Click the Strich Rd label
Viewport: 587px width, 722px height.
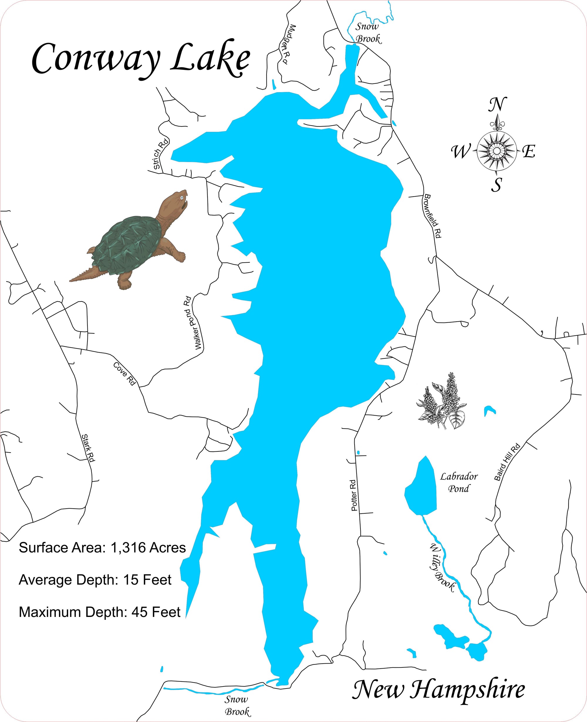pos(160,154)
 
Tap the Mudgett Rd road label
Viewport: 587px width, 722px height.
pos(288,44)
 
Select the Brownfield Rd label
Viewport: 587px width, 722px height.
pos(433,216)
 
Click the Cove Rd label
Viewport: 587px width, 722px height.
pos(124,373)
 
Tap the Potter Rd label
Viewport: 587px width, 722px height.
pos(353,495)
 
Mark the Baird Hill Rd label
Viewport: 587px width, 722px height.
pos(507,462)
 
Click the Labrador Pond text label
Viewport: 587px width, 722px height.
pos(458,482)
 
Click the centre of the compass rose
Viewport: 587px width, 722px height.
pos(496,151)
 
